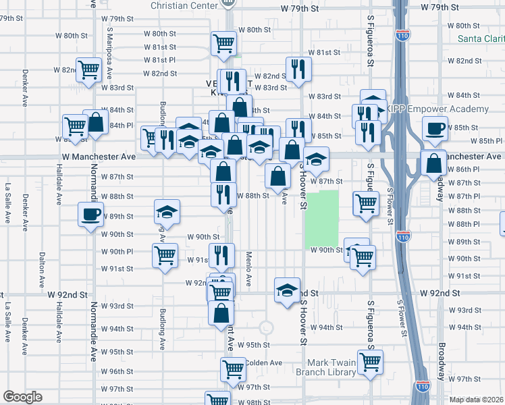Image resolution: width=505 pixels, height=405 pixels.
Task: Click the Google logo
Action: (22, 397)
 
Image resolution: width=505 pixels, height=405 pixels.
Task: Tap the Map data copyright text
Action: (477, 399)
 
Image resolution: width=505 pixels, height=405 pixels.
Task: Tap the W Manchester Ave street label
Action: (99, 156)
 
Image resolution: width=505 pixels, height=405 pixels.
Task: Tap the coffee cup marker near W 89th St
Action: (90, 216)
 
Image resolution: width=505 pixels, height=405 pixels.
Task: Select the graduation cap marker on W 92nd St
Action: (287, 290)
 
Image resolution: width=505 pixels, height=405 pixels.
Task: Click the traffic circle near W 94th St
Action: (266, 327)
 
